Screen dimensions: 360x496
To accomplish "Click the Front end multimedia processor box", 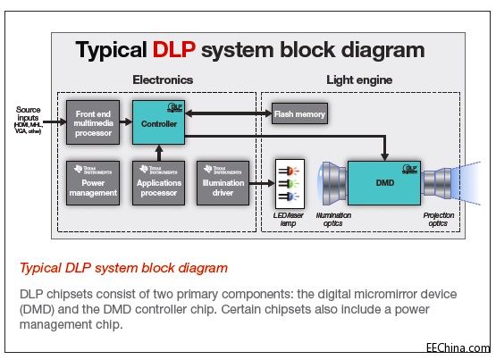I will pos(93,122).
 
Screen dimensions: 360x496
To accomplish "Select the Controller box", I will pos(158,123).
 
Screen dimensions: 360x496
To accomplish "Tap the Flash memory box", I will pos(299,113).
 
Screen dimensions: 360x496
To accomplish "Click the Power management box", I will pos(93,182).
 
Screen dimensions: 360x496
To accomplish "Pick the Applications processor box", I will pos(158,182).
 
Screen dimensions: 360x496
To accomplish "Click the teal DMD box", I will pos(383,182).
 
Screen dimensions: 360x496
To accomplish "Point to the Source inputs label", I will pos(29,114).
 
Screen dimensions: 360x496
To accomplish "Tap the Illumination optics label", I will pos(335,219).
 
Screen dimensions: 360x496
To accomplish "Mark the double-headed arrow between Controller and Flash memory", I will pos(228,113).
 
